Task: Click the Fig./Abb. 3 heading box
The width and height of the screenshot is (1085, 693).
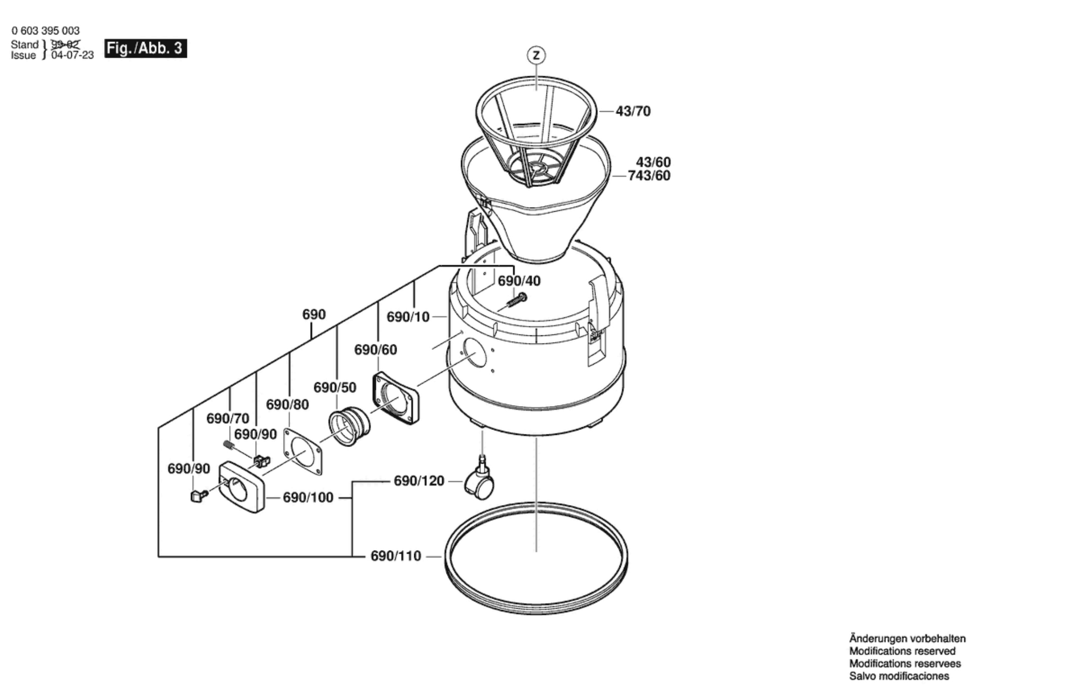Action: [145, 48]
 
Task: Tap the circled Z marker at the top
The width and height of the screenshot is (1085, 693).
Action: [536, 55]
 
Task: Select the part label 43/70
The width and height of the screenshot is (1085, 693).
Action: [633, 111]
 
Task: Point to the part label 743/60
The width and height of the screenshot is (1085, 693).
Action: [649, 176]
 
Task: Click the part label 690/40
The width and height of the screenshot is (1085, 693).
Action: [519, 281]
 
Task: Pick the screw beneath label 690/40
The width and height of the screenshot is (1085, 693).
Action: [515, 302]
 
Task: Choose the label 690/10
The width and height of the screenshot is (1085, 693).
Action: [408, 317]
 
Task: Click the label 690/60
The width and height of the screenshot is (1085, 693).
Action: [375, 350]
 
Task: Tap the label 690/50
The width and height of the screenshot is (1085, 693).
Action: [335, 387]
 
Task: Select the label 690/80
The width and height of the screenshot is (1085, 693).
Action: [287, 405]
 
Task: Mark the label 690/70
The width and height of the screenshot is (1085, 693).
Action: [228, 419]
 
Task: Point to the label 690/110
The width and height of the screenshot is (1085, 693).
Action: [396, 556]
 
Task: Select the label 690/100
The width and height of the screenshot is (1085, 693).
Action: [308, 498]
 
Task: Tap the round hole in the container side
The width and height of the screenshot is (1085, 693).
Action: [475, 353]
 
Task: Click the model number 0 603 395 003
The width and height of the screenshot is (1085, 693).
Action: [45, 31]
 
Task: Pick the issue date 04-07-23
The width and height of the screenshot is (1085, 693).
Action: [72, 55]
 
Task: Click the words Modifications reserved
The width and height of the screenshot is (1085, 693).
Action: [902, 651]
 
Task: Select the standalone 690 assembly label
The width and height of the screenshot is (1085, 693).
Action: [314, 315]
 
